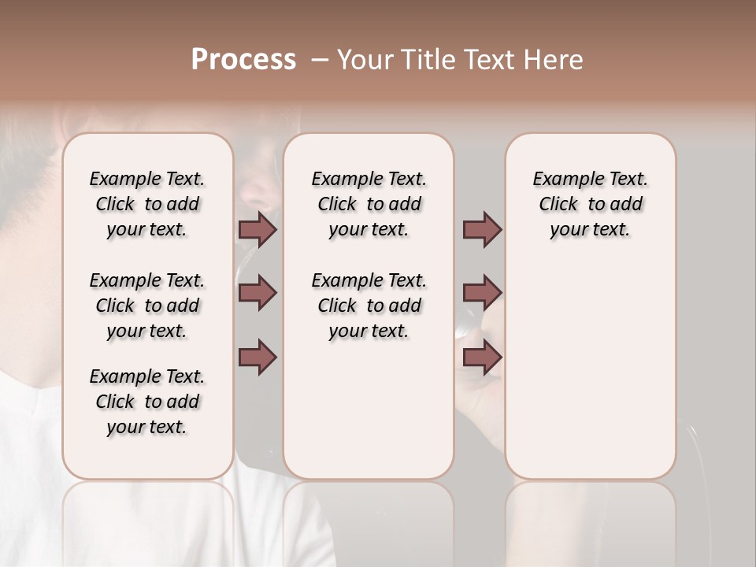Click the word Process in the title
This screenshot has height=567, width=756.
(243, 60)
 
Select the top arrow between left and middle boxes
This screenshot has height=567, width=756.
(258, 229)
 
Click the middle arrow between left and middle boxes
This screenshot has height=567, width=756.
(258, 293)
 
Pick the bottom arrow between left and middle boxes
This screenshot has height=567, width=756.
(258, 357)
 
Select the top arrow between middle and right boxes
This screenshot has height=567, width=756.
(482, 229)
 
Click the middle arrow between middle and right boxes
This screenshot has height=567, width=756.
(482, 293)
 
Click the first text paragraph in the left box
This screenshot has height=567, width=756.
(147, 204)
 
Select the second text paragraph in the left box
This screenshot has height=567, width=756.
(147, 306)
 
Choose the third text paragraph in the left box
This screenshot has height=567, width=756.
(147, 402)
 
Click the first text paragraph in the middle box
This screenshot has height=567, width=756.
(369, 204)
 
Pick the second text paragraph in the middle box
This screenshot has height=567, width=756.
(369, 306)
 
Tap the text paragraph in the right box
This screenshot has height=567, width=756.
(590, 204)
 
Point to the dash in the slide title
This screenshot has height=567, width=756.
(320, 60)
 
